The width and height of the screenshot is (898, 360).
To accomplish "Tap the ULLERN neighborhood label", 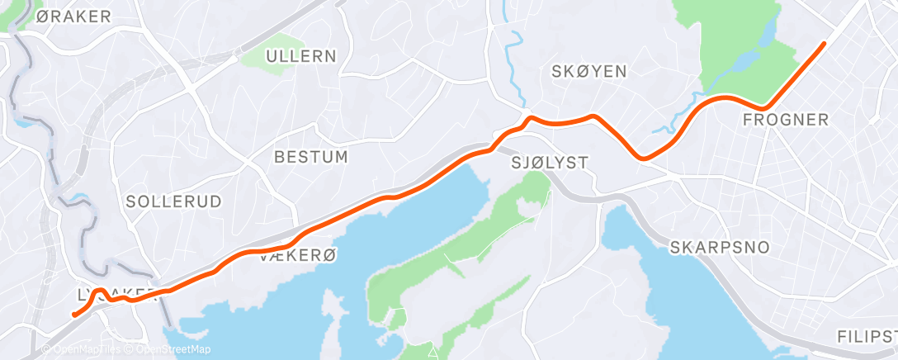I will [x=300, y=57].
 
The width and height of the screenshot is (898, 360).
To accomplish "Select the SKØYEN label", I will [x=588, y=72].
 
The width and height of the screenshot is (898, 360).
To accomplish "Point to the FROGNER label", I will [x=785, y=121].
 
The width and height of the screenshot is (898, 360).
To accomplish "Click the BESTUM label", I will [x=310, y=156].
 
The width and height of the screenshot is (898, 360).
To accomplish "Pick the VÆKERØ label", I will [x=298, y=257].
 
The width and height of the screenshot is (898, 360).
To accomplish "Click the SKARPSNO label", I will [x=720, y=247].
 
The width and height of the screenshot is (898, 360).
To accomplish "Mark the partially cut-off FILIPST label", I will [x=866, y=337].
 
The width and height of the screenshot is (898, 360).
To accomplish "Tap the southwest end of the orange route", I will [x=74, y=314].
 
